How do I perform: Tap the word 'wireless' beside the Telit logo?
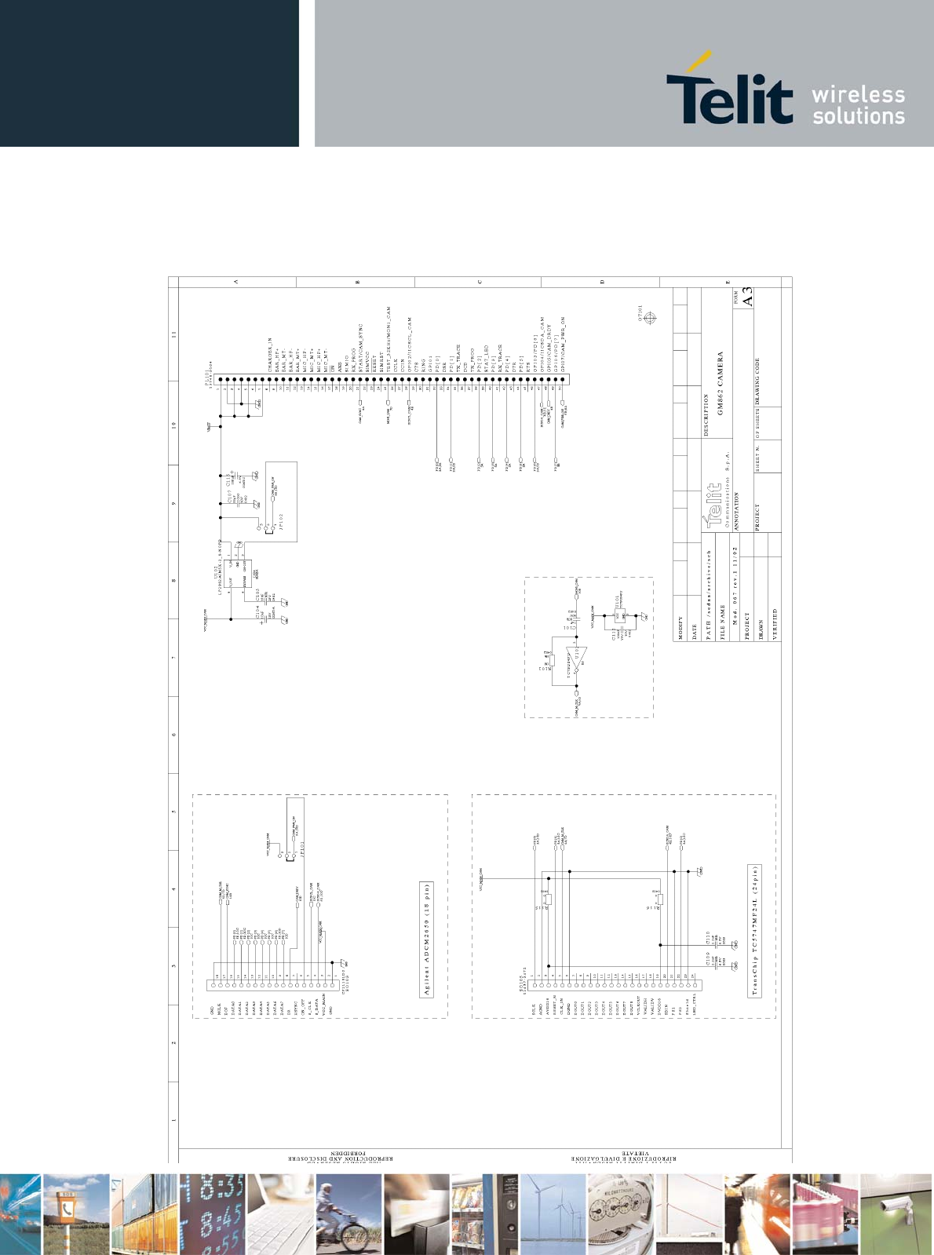[x=858, y=95]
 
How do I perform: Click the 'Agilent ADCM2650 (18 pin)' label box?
[x=428, y=939]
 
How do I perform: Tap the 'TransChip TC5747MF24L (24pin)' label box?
[x=755, y=931]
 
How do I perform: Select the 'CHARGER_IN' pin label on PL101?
[x=269, y=356]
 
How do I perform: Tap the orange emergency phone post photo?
[x=76, y=1214]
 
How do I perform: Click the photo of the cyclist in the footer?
[x=348, y=1214]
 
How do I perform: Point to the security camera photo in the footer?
[x=896, y=1214]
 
